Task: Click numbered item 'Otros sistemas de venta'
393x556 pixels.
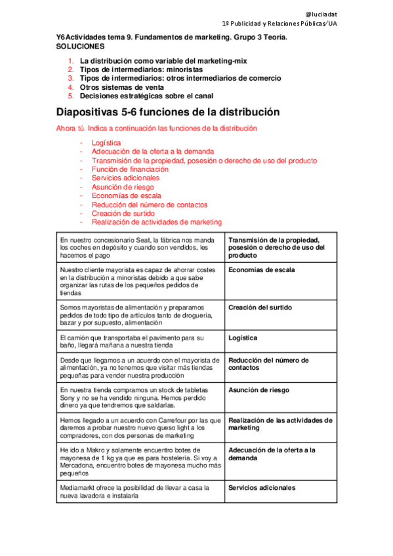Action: pyautogui.click(x=116, y=87)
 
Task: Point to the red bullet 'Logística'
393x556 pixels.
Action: pyautogui.click(x=106, y=142)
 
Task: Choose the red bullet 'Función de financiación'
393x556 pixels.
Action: pyautogui.click(x=125, y=169)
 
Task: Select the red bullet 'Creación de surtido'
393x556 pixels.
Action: pyautogui.click(x=123, y=213)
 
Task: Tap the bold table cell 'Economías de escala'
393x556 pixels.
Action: pyautogui.click(x=261, y=269)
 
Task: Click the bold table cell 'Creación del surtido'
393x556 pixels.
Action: pyautogui.click(x=260, y=308)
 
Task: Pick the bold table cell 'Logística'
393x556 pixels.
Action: pyautogui.click(x=243, y=338)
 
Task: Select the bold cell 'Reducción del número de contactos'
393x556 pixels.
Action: pyautogui.click(x=268, y=364)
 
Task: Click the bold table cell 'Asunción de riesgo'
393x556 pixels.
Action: pyautogui.click(x=259, y=390)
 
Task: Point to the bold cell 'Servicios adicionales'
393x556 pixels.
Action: pyautogui.click(x=261, y=488)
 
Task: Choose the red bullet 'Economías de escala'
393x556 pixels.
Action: pyautogui.click(x=122, y=195)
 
